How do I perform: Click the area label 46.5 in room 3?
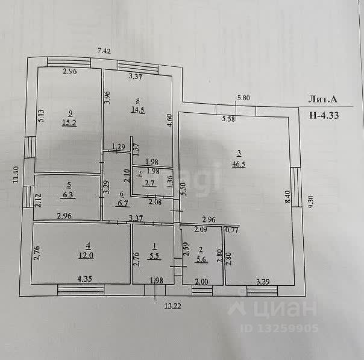coord(239,163)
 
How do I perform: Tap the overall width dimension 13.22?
coord(172,305)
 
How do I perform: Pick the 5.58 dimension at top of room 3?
coord(229,119)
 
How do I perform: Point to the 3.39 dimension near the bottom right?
coord(263,281)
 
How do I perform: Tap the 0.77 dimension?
coord(231,229)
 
